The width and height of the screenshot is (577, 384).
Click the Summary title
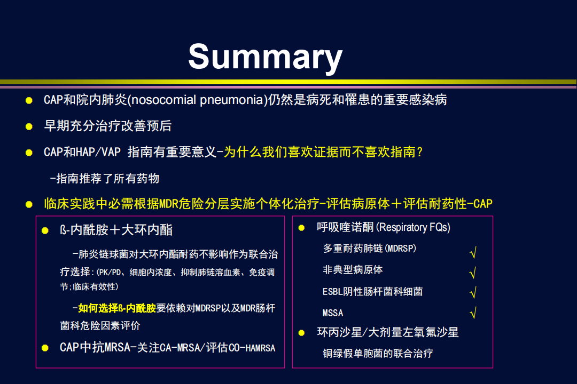(266, 57)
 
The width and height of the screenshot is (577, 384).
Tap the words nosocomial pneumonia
(199, 100)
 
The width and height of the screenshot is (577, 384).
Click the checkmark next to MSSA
(473, 313)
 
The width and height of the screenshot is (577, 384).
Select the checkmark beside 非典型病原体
(473, 273)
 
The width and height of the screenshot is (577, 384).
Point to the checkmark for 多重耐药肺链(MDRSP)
(473, 252)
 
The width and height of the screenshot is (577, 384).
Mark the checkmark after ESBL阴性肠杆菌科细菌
(473, 292)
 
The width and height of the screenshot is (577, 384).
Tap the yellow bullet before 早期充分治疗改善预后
(29, 127)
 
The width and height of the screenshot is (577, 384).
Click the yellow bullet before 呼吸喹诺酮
(301, 228)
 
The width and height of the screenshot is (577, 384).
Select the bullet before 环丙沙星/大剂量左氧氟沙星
(301, 333)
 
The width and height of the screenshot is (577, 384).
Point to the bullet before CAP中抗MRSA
(45, 348)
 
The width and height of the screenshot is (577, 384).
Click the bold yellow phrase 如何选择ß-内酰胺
(117, 308)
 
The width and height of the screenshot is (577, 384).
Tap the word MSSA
(333, 313)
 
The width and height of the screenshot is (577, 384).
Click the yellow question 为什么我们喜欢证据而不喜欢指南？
(323, 152)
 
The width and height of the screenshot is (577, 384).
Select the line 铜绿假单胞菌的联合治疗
(378, 354)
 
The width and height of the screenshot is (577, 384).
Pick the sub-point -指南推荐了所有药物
(105, 179)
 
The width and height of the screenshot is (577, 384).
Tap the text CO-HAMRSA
(252, 348)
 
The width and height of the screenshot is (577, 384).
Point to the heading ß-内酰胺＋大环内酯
(116, 230)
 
